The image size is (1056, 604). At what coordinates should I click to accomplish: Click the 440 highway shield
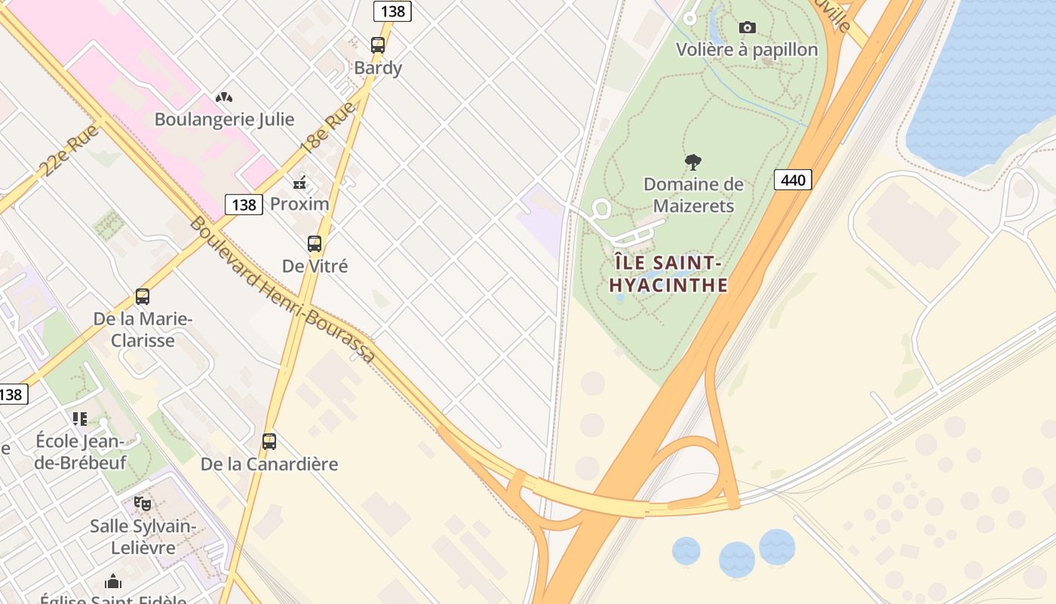[792, 180]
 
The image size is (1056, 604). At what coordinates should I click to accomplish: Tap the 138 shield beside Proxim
[244, 205]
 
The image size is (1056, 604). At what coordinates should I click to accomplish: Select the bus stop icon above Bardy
[378, 45]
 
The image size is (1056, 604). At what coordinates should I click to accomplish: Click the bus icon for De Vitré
[315, 244]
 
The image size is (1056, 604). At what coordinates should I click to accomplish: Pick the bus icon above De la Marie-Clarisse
[143, 297]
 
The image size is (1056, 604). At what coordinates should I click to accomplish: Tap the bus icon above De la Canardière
[269, 442]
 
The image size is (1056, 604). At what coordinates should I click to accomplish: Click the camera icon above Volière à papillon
[747, 28]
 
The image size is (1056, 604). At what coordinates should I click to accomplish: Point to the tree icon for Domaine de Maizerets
[693, 162]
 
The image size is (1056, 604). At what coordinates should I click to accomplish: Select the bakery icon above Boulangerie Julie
[224, 97]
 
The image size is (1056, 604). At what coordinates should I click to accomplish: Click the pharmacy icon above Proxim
[299, 183]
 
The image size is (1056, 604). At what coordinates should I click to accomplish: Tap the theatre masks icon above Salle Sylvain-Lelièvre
[143, 504]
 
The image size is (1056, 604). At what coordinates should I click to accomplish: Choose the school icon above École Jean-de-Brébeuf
[80, 418]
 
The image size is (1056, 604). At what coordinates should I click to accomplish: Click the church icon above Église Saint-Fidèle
[113, 581]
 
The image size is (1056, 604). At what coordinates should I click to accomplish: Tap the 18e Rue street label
[328, 128]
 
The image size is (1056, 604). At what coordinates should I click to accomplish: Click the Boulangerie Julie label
[224, 119]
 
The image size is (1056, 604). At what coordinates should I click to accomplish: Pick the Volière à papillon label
[747, 50]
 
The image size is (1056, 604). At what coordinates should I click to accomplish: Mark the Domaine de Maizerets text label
[693, 195]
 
